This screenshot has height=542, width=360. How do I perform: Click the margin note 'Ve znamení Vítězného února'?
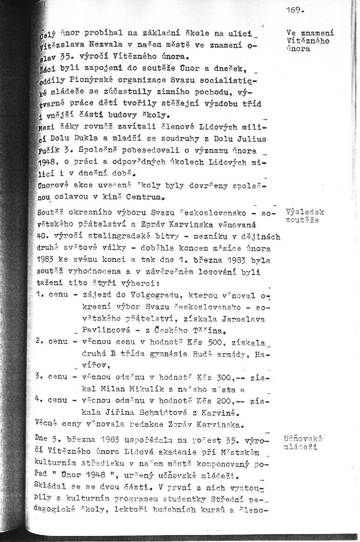point(310,41)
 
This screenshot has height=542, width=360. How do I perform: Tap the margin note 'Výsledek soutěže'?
point(305,216)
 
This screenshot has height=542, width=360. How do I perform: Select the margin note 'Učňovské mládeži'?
point(302,443)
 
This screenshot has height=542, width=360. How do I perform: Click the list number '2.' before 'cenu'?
point(39,342)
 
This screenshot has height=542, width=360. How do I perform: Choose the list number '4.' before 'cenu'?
point(39,399)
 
